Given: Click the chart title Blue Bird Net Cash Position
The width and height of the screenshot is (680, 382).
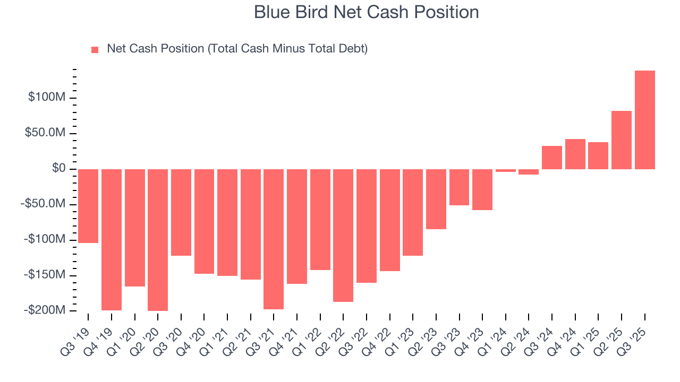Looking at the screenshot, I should click(x=366, y=12).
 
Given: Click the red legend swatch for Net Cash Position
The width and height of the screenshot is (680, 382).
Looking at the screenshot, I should click(x=95, y=49).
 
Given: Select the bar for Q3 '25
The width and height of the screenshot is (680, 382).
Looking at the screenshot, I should click(x=644, y=120).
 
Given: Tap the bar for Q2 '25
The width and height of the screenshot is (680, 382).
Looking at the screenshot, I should click(x=621, y=140).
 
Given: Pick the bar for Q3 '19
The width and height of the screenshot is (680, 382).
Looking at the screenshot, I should click(x=88, y=206).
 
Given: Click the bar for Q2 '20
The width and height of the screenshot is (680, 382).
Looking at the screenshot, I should click(x=158, y=240).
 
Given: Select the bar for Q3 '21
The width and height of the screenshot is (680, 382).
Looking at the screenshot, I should click(x=274, y=239).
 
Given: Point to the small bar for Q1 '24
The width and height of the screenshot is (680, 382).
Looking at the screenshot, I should click(x=505, y=170).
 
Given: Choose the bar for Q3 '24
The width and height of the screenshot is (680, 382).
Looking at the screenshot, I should click(x=551, y=158).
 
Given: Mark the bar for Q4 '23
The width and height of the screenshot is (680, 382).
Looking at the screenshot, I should click(x=482, y=189).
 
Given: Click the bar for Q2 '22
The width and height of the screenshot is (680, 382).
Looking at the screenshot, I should click(x=343, y=235).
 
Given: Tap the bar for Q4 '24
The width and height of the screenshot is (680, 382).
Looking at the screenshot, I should click(x=575, y=154).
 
